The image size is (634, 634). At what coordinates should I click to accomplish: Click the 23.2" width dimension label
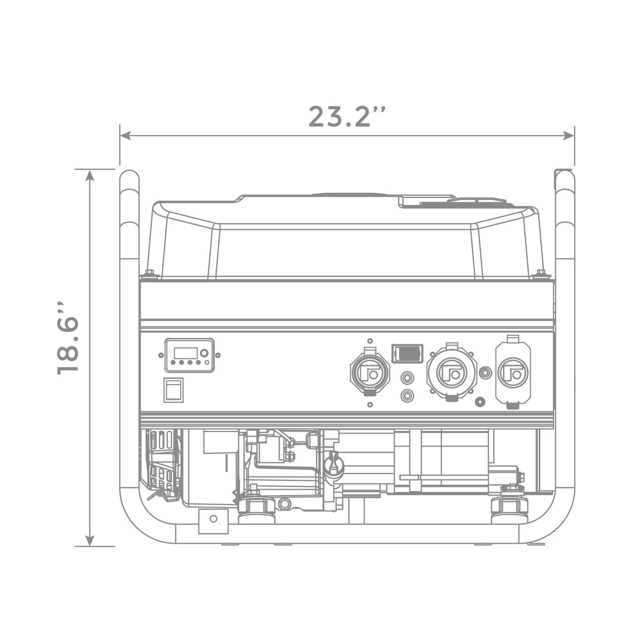[x=347, y=117]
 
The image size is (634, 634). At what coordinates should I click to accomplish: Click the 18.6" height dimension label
[x=68, y=337]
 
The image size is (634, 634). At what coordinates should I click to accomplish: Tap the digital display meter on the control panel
[x=189, y=355]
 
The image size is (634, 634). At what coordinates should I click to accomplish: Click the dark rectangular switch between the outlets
[x=407, y=354]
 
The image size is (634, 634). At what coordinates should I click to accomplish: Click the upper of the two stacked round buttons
[x=407, y=379]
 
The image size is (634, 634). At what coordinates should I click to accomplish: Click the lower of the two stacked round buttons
[x=407, y=395]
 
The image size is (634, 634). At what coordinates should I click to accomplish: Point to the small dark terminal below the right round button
[x=479, y=401]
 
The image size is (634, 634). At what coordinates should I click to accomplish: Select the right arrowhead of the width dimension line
[x=569, y=135]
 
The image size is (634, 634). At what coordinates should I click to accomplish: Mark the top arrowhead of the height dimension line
[x=90, y=175]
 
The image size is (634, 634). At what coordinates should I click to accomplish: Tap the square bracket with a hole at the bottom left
[x=213, y=521]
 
